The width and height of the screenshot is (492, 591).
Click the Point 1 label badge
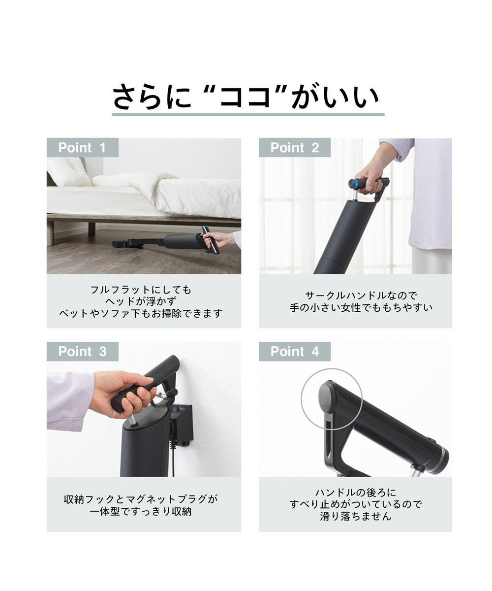(x=82, y=147)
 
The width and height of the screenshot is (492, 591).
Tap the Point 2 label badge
(x=295, y=147)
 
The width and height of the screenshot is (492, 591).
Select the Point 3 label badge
(x=82, y=351)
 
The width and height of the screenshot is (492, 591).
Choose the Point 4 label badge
(x=295, y=351)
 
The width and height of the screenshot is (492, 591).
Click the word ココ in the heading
(x=245, y=97)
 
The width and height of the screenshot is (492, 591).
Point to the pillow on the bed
(x=69, y=171)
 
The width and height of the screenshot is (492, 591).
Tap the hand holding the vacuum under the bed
(x=222, y=240)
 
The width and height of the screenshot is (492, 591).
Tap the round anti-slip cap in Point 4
(x=327, y=395)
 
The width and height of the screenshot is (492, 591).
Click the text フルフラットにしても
(x=141, y=290)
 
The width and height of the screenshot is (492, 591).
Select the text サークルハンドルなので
(x=361, y=295)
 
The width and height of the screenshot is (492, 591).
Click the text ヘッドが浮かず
(x=141, y=301)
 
